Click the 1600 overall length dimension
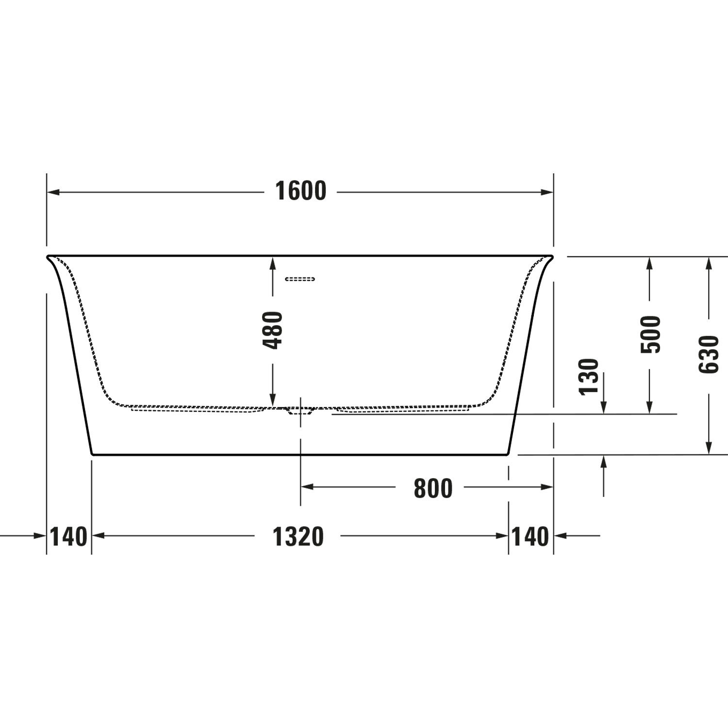pos(301,191)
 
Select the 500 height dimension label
pos(651,334)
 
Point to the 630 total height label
pos(709,354)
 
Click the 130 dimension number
pos(589,377)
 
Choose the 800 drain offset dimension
pos(433,488)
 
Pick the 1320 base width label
pos(298,537)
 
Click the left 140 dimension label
pos(68,537)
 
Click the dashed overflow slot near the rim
pos(300,279)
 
